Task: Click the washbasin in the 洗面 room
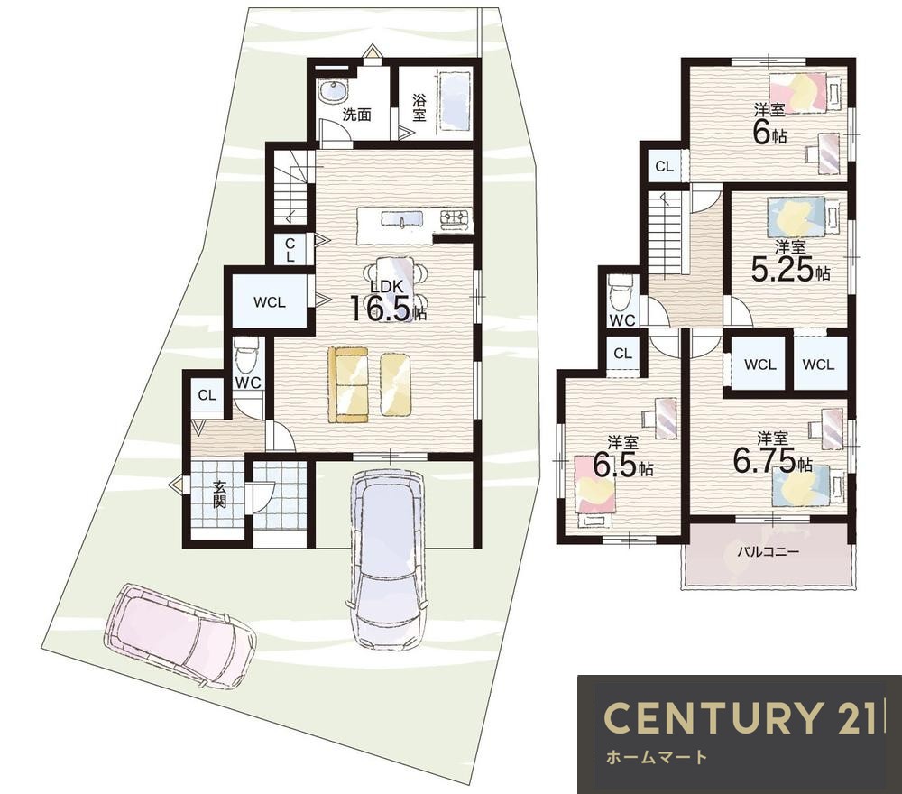tap(332, 91)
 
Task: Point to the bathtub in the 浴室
tap(455, 104)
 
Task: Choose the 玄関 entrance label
tap(219, 494)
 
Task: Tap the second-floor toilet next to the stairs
tap(621, 293)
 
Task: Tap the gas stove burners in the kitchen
tap(456, 219)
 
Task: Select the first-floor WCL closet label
tap(269, 302)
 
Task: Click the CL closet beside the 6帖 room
tap(665, 166)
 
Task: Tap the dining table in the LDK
tap(395, 286)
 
